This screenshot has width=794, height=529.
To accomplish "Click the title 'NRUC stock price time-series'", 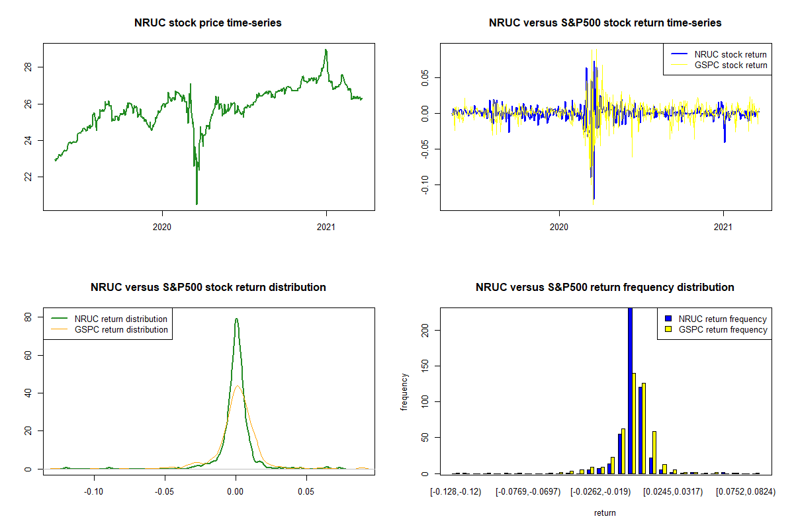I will [x=208, y=23].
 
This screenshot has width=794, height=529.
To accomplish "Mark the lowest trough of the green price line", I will [x=197, y=204].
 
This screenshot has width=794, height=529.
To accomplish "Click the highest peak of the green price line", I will [x=326, y=50].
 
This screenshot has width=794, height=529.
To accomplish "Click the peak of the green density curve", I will [x=236, y=319].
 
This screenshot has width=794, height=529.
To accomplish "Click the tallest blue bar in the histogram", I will [x=630, y=390].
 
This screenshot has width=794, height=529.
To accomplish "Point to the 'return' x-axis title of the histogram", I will [x=605, y=512].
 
